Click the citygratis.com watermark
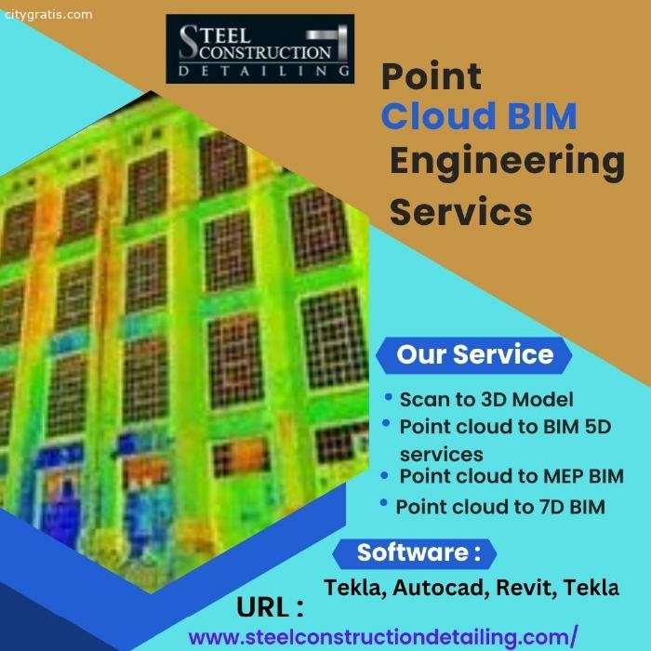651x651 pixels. (x=48, y=15)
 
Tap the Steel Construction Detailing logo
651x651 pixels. (x=259, y=49)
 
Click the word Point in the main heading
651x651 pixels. (x=432, y=76)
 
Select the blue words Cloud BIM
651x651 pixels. (x=479, y=115)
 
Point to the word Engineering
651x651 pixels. (x=508, y=163)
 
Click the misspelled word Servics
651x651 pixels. (x=461, y=211)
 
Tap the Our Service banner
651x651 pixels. (x=474, y=355)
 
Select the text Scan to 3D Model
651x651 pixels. (x=486, y=399)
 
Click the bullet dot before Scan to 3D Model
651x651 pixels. (x=388, y=397)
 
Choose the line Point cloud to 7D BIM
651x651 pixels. (x=500, y=507)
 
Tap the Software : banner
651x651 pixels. (x=415, y=553)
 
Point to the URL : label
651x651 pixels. (x=271, y=607)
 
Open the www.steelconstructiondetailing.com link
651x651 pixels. (x=383, y=637)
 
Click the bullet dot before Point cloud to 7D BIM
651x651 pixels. (x=383, y=503)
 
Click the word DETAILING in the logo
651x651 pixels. (x=263, y=71)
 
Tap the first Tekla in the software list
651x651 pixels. (x=355, y=588)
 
